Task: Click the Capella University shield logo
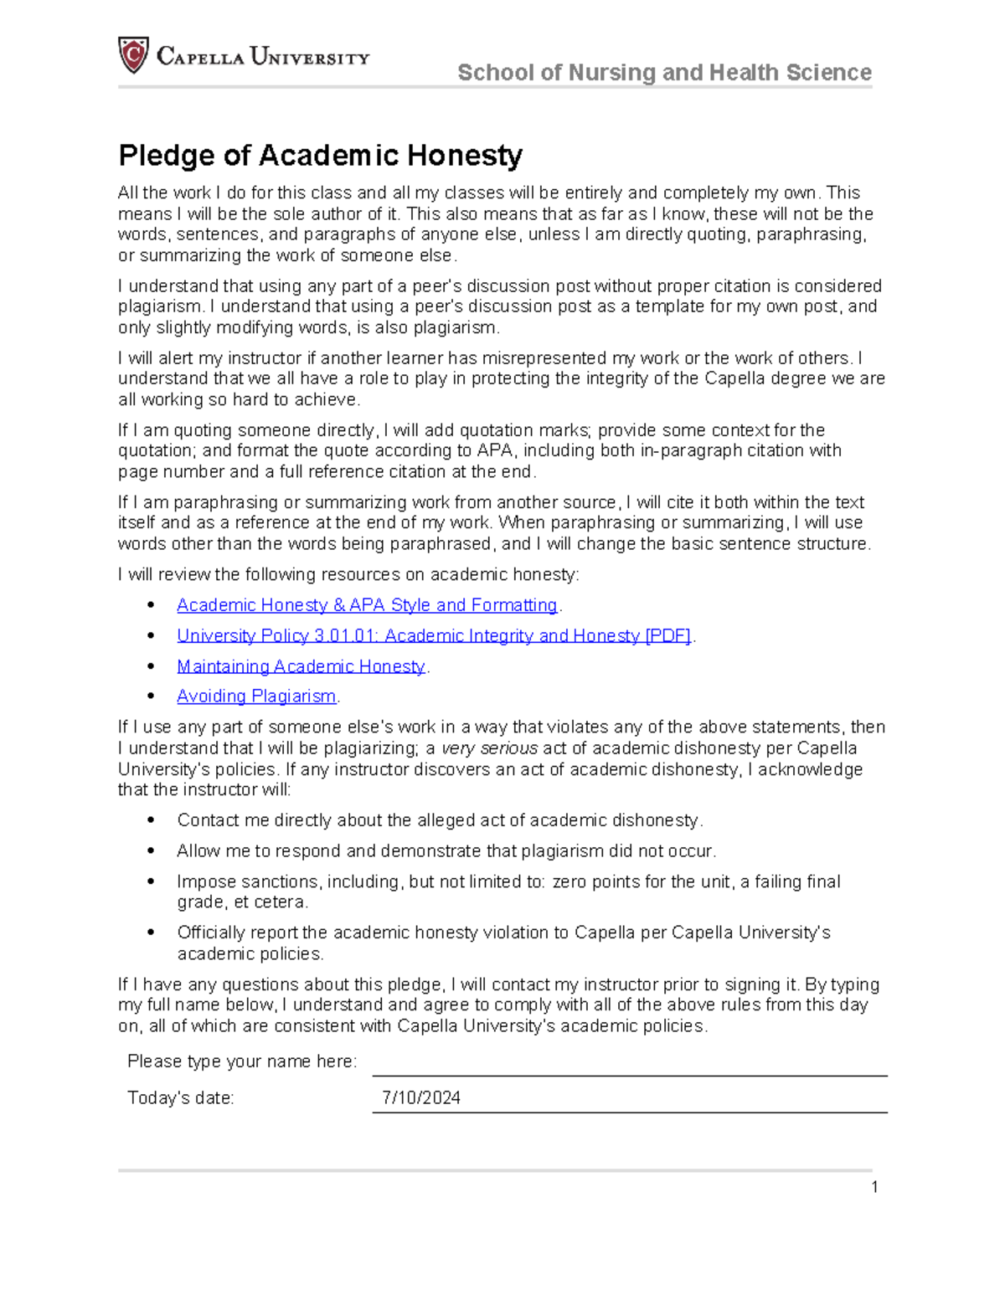tap(133, 55)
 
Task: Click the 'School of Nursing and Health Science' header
tap(664, 73)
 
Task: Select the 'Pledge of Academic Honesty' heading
tap(320, 155)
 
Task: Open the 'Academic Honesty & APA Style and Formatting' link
tap(367, 605)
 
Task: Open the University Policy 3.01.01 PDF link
tap(433, 636)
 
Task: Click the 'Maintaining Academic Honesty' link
tap(301, 666)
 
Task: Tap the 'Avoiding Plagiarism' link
tap(256, 696)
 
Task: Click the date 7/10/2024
tap(420, 1098)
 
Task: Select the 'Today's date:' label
tap(180, 1098)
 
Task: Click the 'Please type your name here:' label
tap(241, 1061)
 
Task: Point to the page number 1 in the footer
tap(874, 1187)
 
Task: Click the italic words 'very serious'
tap(489, 748)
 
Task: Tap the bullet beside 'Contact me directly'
tap(151, 820)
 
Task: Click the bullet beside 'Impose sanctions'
tap(151, 881)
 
